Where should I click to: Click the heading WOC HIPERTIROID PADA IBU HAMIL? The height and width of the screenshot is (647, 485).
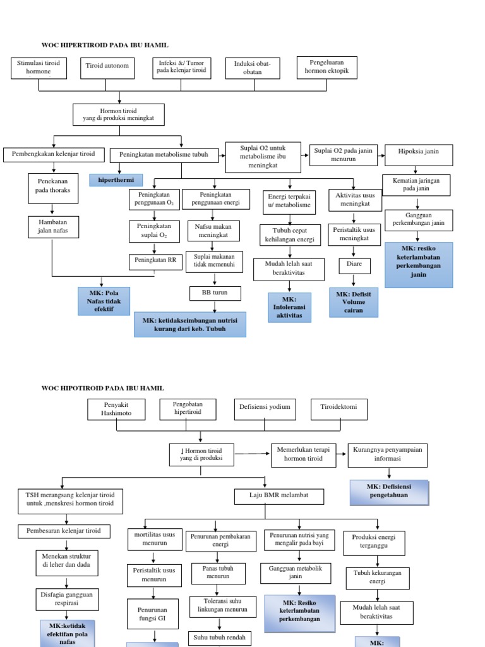coord(105,45)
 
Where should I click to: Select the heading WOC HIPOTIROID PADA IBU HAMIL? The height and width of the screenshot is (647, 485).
coord(102,388)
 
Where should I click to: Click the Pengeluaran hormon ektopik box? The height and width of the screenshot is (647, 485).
coord(326,68)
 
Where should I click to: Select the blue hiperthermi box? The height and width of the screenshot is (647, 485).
coord(116,180)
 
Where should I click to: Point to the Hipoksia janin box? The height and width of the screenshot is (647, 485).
coord(417,152)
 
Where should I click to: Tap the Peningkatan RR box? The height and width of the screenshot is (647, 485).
coord(154,260)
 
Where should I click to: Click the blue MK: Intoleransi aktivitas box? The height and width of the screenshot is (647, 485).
coord(289,307)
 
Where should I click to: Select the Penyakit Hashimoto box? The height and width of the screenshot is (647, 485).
coord(116,409)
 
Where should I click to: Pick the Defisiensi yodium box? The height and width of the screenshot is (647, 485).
coord(265,408)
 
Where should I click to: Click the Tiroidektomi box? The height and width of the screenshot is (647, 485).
coord(338,408)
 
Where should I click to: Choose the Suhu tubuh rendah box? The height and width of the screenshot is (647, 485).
coord(219,638)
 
